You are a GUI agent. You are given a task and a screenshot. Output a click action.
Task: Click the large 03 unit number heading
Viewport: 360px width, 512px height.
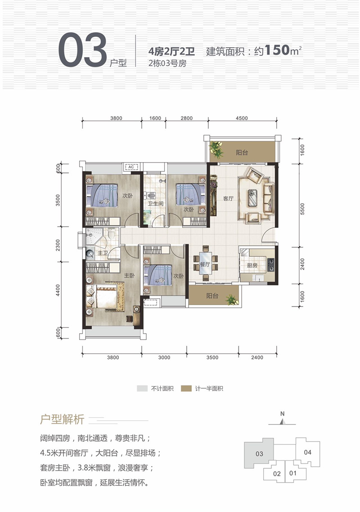tap(83, 50)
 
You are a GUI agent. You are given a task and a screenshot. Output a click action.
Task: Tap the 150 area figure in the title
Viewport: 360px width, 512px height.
tap(277, 50)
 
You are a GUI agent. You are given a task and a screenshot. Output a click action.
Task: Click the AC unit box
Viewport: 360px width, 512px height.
tap(131, 167)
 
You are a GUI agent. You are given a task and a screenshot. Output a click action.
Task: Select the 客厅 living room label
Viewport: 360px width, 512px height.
tap(229, 198)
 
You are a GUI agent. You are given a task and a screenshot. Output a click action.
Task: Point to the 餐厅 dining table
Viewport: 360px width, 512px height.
tap(205, 263)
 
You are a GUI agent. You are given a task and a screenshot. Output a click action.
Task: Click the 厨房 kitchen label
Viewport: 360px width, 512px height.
tap(252, 266)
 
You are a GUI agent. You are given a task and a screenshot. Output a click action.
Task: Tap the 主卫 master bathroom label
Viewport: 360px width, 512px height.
tap(103, 253)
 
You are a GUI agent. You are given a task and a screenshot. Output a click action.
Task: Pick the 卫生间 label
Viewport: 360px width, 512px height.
tap(155, 204)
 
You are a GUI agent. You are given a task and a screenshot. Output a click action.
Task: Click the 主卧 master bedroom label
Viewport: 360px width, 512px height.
tap(129, 275)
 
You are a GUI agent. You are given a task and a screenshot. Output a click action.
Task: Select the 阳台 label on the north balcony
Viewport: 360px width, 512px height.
tap(242, 152)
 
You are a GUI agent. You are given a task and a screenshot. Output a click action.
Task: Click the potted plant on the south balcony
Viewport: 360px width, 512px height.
tap(232, 299)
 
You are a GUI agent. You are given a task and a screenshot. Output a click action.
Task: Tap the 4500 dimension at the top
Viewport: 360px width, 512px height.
tap(242, 118)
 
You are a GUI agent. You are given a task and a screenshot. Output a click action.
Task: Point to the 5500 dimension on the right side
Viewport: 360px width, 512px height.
tap(302, 209)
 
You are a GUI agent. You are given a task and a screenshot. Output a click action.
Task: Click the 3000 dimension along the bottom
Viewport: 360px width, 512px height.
tap(164, 358)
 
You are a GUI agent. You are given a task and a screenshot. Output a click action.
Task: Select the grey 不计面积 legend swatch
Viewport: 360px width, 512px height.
tap(142, 389)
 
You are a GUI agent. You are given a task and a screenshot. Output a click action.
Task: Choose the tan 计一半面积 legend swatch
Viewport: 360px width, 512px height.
tap(186, 389)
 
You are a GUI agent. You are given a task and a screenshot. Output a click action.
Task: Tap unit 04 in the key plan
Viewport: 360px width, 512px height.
tap(308, 452)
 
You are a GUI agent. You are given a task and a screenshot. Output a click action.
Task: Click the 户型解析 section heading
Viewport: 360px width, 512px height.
tap(62, 420)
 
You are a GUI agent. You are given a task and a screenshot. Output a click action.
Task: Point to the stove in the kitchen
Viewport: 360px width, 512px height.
tap(271, 264)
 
